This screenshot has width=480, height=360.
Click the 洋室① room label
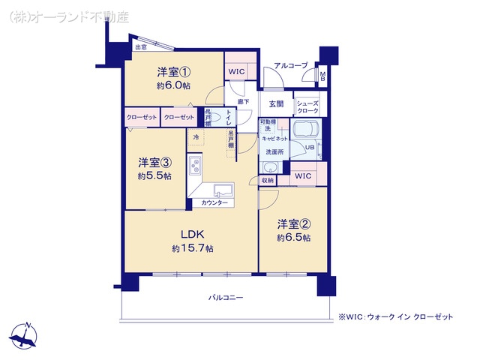(x=173, y=72)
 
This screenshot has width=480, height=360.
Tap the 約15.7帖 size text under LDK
(x=192, y=248)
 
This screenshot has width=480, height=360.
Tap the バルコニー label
(x=226, y=298)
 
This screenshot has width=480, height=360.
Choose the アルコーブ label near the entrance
(x=290, y=66)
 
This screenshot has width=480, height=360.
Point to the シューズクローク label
(x=308, y=106)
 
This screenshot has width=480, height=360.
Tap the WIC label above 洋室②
(x=303, y=175)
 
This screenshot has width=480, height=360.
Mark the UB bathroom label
(x=307, y=148)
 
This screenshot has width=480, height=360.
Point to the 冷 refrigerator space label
(x=196, y=137)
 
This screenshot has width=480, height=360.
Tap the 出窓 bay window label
(x=140, y=48)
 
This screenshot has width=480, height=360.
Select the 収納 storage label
(x=268, y=180)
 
